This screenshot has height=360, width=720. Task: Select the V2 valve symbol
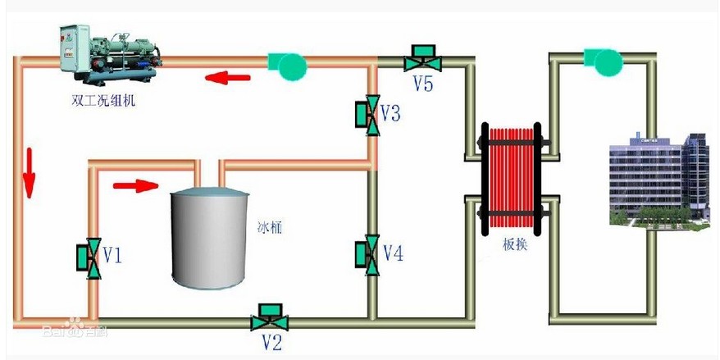tap(267, 317)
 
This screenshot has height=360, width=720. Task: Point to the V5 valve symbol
tap(422, 59)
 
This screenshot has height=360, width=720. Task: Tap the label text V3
tap(391, 113)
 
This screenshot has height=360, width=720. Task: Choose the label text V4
tap(394, 254)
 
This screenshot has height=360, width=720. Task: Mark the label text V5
tap(423, 84)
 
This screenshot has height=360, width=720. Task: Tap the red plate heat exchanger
tap(510, 177)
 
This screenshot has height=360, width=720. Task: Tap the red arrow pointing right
tap(134, 185)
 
